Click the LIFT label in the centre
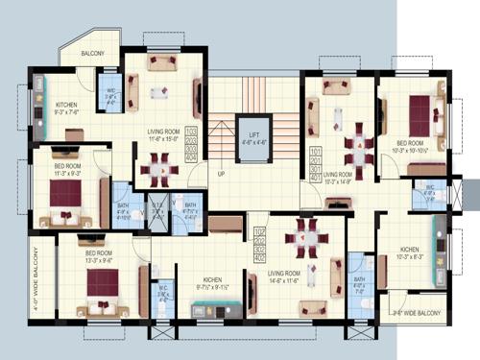pos(253,140)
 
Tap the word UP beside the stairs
pos(221,174)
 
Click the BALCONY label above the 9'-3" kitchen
pos(93,54)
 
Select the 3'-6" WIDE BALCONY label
pos(414,313)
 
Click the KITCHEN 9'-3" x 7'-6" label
pos(66,107)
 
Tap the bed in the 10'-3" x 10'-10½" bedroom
pos(420,117)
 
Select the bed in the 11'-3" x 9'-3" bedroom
pos(66,195)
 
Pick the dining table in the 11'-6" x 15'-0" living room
pos(159,170)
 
